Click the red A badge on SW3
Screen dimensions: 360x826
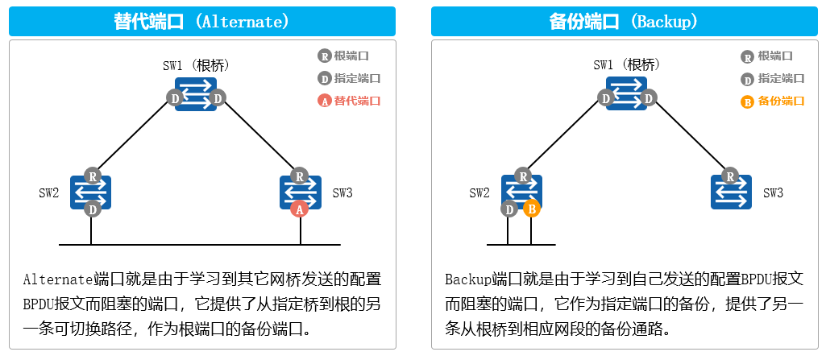coord(299,209)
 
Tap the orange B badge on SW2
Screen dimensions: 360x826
coord(530,209)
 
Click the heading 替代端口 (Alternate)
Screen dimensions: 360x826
coord(201,21)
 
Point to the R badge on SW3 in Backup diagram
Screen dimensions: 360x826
coord(731,176)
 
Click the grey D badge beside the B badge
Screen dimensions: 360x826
coord(509,209)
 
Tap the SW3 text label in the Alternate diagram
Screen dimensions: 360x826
coord(342,193)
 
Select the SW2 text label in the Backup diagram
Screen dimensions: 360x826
coord(479,193)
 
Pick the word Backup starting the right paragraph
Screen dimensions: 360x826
coord(467,279)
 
